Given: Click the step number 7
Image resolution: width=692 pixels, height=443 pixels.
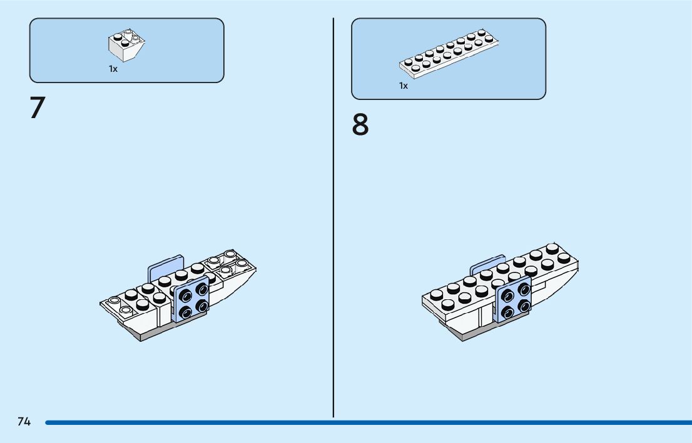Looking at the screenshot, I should [x=38, y=108].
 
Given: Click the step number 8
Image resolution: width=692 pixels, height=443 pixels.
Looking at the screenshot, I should [x=360, y=125].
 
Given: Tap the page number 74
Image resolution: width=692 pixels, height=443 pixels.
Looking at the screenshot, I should [x=24, y=422].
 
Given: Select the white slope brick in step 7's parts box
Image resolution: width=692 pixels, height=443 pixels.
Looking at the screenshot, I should [x=126, y=45].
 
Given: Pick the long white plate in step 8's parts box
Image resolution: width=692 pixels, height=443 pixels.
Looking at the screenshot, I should [x=449, y=54].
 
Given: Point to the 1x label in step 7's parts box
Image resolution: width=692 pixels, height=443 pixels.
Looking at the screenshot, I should [x=113, y=69].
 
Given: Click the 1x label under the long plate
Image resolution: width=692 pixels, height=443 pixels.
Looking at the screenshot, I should [x=404, y=86].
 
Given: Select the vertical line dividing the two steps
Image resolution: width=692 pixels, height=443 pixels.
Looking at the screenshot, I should [x=333, y=219].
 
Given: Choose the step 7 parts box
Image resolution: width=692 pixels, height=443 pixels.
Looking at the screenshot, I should [x=126, y=50].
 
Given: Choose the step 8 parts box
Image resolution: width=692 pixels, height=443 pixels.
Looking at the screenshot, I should [x=449, y=58].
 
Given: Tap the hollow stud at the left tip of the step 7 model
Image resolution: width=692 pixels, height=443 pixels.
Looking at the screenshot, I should [x=114, y=302].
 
